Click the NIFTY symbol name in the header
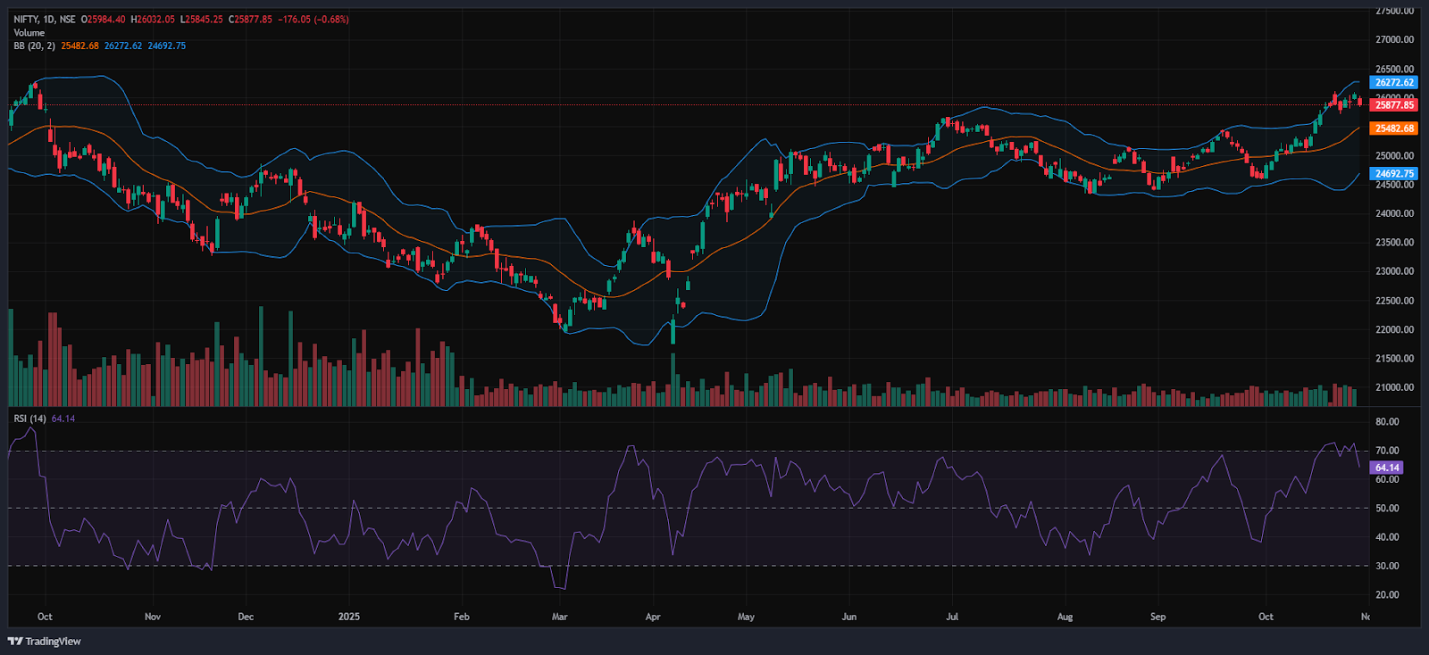pyautogui.click(x=25, y=19)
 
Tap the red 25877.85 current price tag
pyautogui.click(x=1393, y=105)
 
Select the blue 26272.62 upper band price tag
pyautogui.click(x=1393, y=82)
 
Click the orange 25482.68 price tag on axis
pyautogui.click(x=1393, y=129)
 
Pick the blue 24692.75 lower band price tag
pyautogui.click(x=1393, y=174)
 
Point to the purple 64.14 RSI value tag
pyautogui.click(x=1386, y=468)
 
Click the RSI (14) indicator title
pyautogui.click(x=30, y=419)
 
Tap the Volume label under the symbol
pyautogui.click(x=29, y=32)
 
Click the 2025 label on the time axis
pyautogui.click(x=349, y=617)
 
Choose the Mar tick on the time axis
pyautogui.click(x=559, y=617)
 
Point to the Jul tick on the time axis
pyautogui.click(x=952, y=617)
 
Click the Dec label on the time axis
pyautogui.click(x=246, y=617)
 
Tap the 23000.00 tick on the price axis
pyautogui.click(x=1394, y=271)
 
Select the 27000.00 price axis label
pyautogui.click(x=1394, y=40)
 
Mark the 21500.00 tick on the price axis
pyautogui.click(x=1394, y=359)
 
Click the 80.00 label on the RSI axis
pyautogui.click(x=1387, y=422)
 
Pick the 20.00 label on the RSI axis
pyautogui.click(x=1387, y=595)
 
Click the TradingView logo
pyautogui.click(x=45, y=642)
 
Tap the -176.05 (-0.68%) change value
pyautogui.click(x=313, y=19)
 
